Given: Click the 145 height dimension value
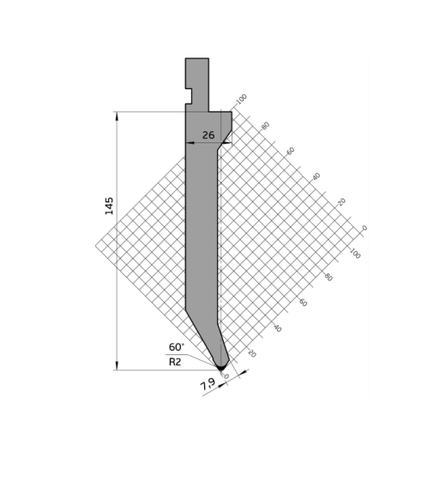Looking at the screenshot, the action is tap(109, 206).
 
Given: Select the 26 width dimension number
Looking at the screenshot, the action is tap(208, 135).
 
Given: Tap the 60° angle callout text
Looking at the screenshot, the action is tap(177, 347).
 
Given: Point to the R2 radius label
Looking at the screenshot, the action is tap(175, 362).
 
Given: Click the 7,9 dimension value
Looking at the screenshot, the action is tap(208, 384).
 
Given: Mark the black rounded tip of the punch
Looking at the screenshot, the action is tap(221, 367).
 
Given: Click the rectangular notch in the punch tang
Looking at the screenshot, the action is tap(189, 96).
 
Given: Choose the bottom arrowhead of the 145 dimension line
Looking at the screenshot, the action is tap(117, 365).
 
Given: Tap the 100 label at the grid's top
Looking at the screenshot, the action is tap(242, 99).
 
